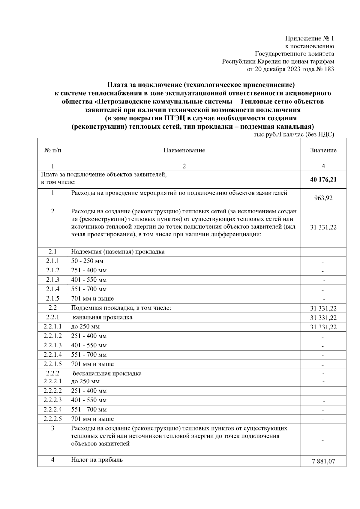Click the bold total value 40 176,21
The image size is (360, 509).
tap(323, 180)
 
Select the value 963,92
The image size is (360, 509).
tap(323, 198)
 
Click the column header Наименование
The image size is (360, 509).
tap(184, 150)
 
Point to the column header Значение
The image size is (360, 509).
tap(323, 150)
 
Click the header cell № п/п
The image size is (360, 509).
tap(53, 150)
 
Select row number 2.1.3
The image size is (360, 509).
tap(53, 280)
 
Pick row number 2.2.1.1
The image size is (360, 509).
tap(53, 327)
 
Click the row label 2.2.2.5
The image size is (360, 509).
tap(53, 419)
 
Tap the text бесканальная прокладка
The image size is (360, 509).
tap(107, 374)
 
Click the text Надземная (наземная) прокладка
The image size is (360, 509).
tap(118, 252)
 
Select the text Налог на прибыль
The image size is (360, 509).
tap(97, 460)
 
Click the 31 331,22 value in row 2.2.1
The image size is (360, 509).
tap(323, 318)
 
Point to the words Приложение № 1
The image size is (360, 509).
tap(309, 39)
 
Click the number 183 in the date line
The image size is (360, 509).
tap(329, 69)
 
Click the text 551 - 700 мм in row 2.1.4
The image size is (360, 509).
tap(89, 289)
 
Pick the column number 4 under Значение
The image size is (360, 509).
tap(323, 166)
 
